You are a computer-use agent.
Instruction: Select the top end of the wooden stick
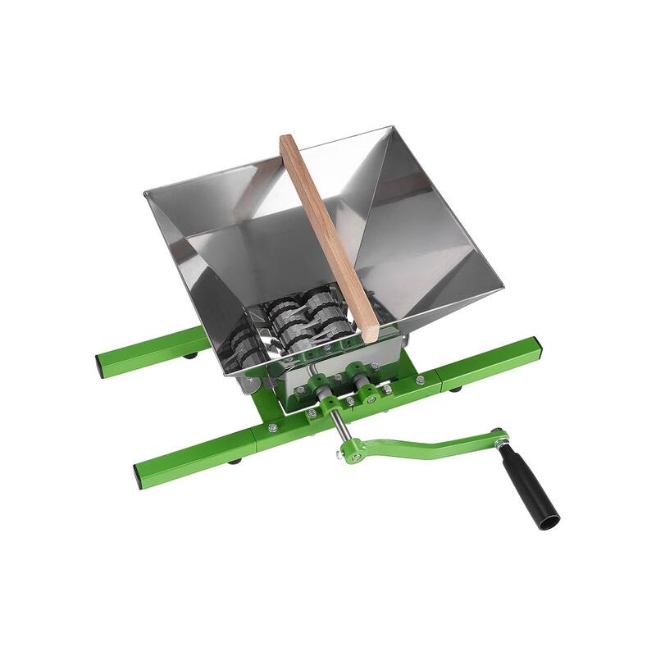[x=288, y=141]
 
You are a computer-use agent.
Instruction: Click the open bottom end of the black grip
[x=549, y=519]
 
